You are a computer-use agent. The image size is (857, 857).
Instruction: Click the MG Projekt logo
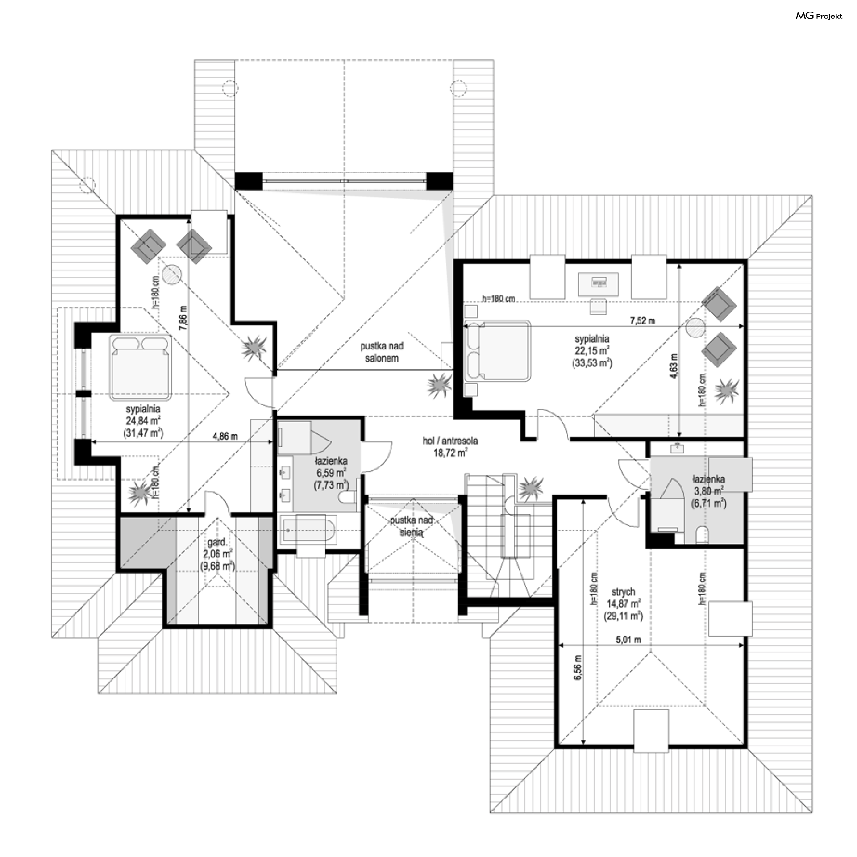tap(819, 16)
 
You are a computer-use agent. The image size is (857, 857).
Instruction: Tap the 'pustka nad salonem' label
tap(382, 352)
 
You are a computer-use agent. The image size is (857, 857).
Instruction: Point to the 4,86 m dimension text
tap(225, 436)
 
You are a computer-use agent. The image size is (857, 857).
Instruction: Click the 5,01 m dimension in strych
tap(628, 640)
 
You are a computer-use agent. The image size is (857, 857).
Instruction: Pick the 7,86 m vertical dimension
tap(183, 318)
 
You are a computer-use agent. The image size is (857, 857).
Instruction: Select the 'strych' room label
tap(623, 591)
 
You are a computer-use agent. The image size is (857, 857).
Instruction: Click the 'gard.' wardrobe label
tap(217, 543)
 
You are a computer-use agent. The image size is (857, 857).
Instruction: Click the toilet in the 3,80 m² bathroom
tap(702, 534)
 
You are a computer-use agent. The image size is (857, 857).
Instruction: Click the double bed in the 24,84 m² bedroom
tap(141, 367)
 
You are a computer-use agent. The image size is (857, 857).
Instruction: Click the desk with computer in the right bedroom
tap(599, 284)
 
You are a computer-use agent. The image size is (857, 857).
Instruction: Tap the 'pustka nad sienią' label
tap(411, 526)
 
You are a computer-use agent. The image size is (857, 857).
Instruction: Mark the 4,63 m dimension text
tap(674, 366)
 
